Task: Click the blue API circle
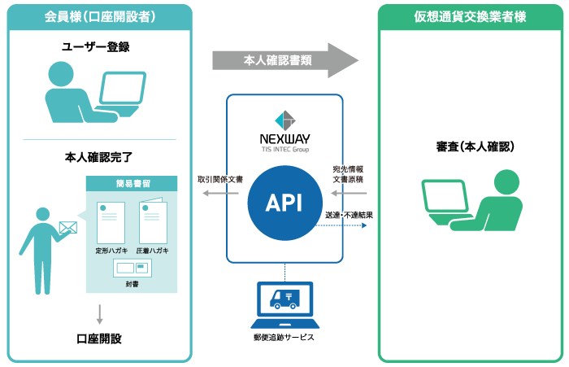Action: pyautogui.click(x=284, y=203)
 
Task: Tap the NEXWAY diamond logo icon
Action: pyautogui.click(x=285, y=120)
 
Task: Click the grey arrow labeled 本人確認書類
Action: pyautogui.click(x=285, y=60)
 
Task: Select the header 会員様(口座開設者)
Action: pyautogui.click(x=100, y=17)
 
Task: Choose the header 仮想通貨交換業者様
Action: pyautogui.click(x=471, y=17)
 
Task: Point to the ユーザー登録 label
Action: pyautogui.click(x=96, y=47)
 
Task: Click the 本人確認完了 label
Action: pyautogui.click(x=98, y=157)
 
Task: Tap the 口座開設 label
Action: pyautogui.click(x=99, y=339)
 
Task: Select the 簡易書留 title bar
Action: pyautogui.click(x=132, y=184)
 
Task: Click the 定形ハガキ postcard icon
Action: pyautogui.click(x=111, y=223)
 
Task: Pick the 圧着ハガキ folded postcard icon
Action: pyautogui.click(x=153, y=221)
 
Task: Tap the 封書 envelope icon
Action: pyautogui.click(x=132, y=269)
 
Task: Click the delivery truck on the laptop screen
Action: pyautogui.click(x=284, y=299)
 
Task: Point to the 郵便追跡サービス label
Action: pyautogui.click(x=284, y=338)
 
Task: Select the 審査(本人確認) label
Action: pyautogui.click(x=475, y=146)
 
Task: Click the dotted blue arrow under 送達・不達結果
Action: pyautogui.click(x=341, y=225)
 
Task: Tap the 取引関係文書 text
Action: pyautogui.click(x=220, y=180)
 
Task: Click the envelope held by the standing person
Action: pyautogui.click(x=68, y=228)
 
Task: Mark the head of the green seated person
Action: pyautogui.click(x=506, y=182)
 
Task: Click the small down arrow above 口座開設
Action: pyautogui.click(x=99, y=314)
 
